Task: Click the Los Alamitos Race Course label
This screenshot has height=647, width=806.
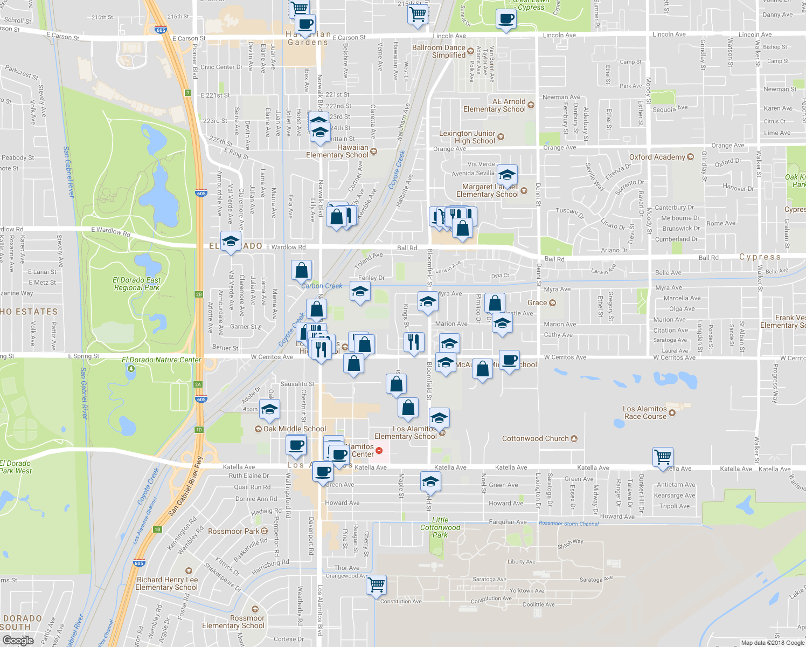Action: pos(645,412)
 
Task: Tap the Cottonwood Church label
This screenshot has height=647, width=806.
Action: pos(535,438)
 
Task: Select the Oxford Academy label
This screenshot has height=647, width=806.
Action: pos(657,157)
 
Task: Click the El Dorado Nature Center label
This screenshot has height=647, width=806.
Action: pos(161,360)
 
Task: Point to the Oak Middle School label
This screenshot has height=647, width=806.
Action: pos(294,429)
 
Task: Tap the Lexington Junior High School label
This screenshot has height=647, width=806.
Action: pos(467,137)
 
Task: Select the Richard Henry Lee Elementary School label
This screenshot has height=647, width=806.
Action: pos(166,583)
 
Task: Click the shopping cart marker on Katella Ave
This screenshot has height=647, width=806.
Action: pos(663,457)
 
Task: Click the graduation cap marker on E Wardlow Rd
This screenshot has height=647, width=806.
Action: pos(231,241)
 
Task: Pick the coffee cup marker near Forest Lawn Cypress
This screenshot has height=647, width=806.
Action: pos(506,19)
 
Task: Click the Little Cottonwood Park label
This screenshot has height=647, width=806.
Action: pos(440,527)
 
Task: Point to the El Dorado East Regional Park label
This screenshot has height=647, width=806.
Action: pos(137,284)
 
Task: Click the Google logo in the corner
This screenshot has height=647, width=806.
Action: pos(18,640)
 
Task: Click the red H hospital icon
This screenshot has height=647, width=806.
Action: pos(379,450)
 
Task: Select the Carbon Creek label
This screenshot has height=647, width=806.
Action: pos(322,286)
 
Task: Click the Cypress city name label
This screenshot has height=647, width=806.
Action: pos(760,257)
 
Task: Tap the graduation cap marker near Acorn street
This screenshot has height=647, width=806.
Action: pos(269,409)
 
